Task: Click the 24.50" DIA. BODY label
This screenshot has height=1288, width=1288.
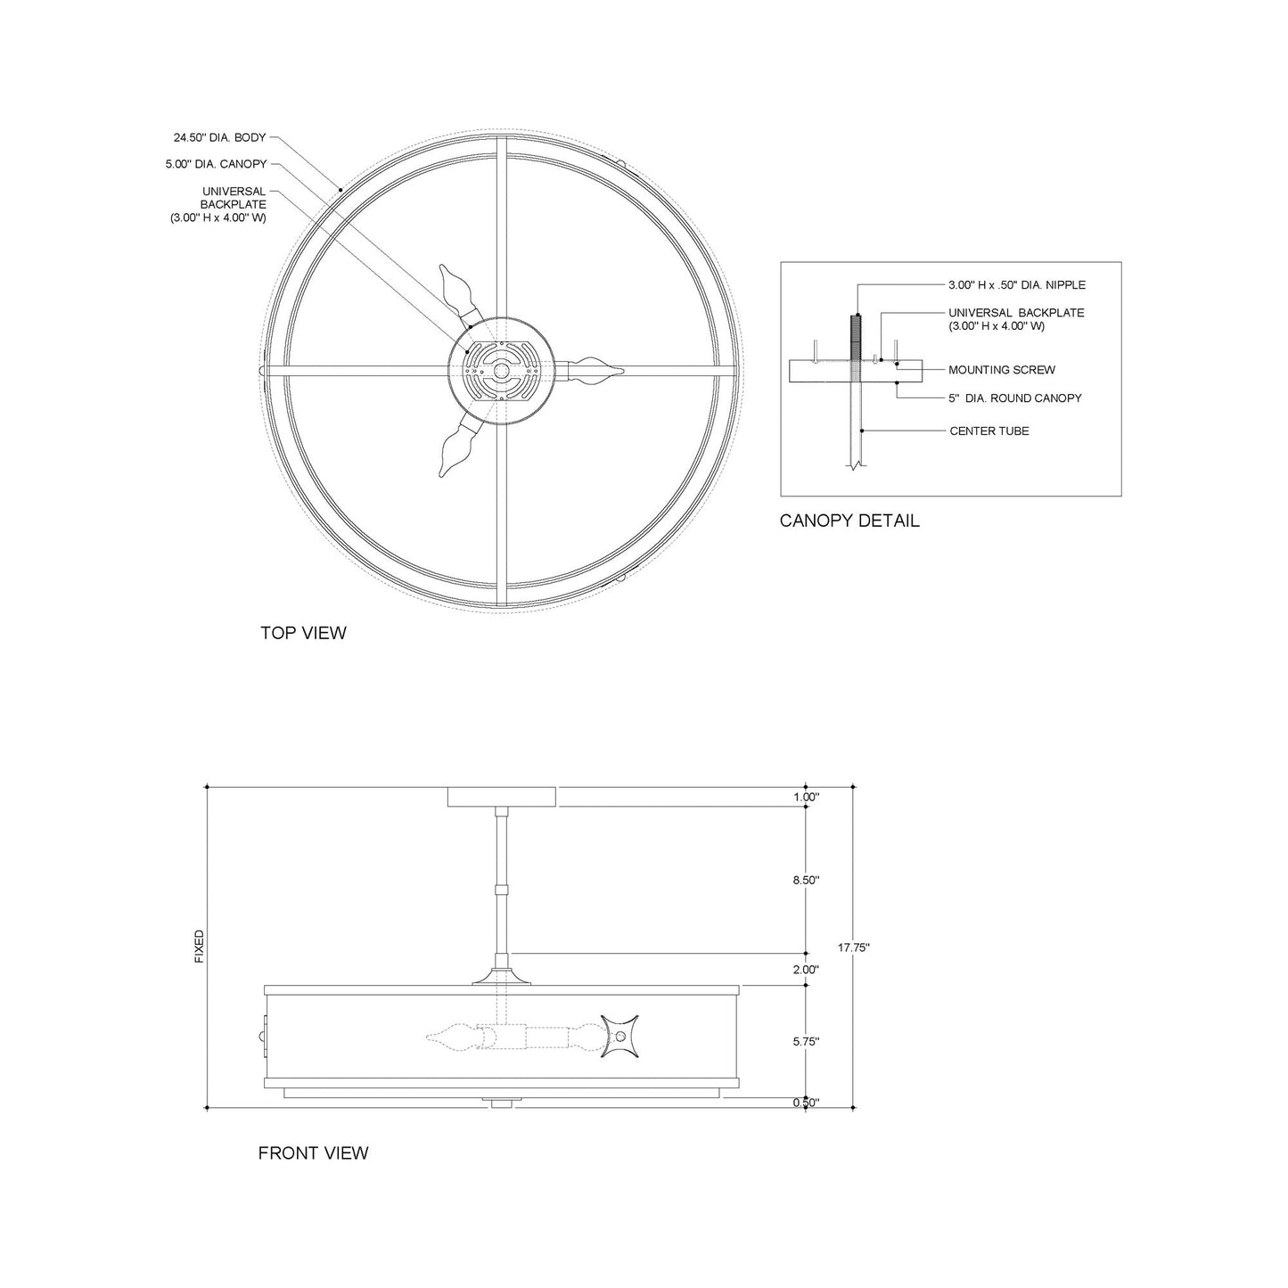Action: click(220, 138)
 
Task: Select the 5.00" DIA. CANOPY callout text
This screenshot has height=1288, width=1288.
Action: click(215, 164)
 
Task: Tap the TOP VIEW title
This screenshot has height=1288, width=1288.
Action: click(303, 633)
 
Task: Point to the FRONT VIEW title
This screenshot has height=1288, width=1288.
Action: click(313, 1153)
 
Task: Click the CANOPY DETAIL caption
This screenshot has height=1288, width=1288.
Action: click(849, 521)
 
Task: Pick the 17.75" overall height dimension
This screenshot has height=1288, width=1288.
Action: click(854, 948)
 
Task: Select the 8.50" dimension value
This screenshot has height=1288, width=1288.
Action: click(805, 880)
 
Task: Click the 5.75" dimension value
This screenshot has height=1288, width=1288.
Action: click(805, 1041)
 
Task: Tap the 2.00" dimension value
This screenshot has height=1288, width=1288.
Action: click(805, 970)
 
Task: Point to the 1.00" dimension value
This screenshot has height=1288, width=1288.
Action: click(805, 798)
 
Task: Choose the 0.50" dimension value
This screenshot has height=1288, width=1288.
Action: click(805, 1103)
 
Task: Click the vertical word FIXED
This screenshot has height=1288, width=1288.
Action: click(199, 947)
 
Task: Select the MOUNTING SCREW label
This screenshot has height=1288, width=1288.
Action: click(1001, 370)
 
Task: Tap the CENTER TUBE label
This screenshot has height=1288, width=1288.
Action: click(989, 431)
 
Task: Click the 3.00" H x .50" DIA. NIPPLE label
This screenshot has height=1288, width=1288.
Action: click(1016, 285)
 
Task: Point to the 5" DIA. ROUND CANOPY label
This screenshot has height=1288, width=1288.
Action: click(1014, 398)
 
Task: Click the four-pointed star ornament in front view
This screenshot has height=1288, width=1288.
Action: click(620, 1037)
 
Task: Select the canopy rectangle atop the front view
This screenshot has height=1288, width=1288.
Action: click(502, 797)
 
